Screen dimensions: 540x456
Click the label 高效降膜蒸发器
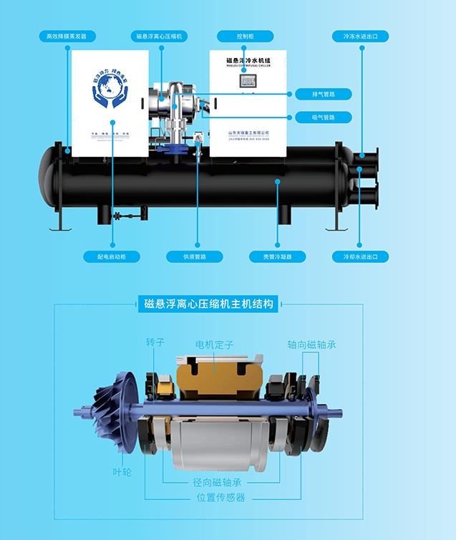coord(70,36)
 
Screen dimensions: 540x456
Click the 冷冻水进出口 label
coord(360,36)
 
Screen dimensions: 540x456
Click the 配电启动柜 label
coord(112,256)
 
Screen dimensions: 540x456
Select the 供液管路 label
coord(195,256)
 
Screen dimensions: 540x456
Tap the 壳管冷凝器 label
coord(277,256)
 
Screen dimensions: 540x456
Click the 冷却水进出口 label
coord(360,256)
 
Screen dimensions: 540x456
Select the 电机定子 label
coord(215,345)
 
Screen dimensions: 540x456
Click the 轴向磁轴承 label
coord(311,344)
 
